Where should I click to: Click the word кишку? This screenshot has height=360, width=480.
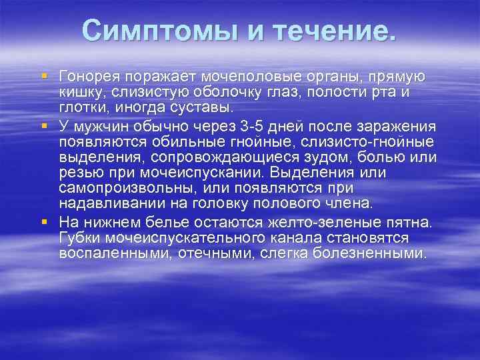point(77,93)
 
